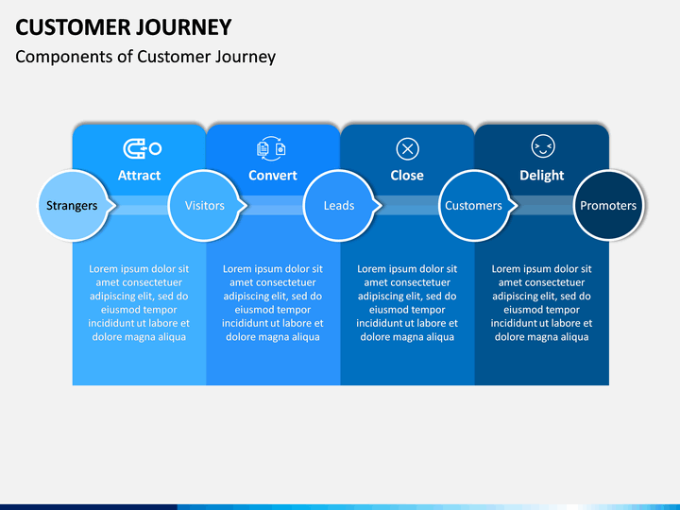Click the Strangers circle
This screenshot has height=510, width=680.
(73, 205)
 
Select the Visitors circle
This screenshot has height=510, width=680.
(204, 205)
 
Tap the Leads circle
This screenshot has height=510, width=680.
(339, 205)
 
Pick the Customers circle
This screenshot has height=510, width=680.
(474, 205)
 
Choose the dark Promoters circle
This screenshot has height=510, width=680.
(608, 205)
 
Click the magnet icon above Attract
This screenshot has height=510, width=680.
(143, 149)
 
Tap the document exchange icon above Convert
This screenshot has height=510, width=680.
(271, 149)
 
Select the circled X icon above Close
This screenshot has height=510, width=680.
(408, 149)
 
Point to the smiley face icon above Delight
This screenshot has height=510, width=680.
(543, 146)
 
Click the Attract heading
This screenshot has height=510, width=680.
(139, 176)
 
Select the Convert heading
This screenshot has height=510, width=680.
(273, 176)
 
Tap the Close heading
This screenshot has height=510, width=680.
(407, 176)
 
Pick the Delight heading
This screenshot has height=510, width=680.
(542, 176)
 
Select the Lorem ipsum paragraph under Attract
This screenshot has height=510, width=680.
(139, 303)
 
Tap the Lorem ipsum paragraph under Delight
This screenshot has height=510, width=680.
(542, 303)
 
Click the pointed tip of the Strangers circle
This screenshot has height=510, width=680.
(116, 205)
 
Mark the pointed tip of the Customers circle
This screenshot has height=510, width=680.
(518, 205)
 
